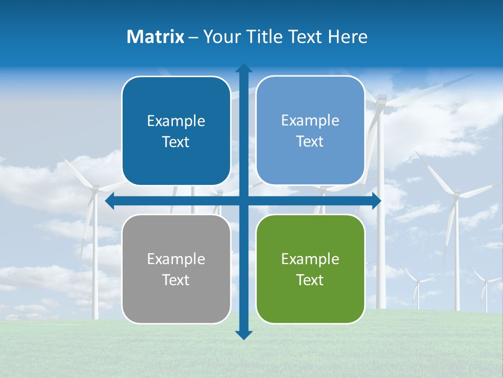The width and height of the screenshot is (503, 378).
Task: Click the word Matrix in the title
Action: coord(156,37)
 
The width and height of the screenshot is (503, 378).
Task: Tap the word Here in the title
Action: coord(347,37)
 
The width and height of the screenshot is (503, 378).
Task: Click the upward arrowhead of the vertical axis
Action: coord(244,68)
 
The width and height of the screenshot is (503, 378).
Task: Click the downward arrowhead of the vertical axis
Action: coord(244,335)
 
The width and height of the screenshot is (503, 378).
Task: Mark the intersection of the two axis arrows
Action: coord(244,201)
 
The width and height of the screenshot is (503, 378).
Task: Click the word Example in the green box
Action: coord(310,259)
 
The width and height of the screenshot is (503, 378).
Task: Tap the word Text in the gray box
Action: coord(176,280)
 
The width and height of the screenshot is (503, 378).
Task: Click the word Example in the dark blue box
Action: coord(176,121)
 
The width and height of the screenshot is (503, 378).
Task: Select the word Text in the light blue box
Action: coord(310,141)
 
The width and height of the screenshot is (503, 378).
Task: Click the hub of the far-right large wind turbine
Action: coord(455,195)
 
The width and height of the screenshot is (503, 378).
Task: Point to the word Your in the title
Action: coord(221,37)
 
